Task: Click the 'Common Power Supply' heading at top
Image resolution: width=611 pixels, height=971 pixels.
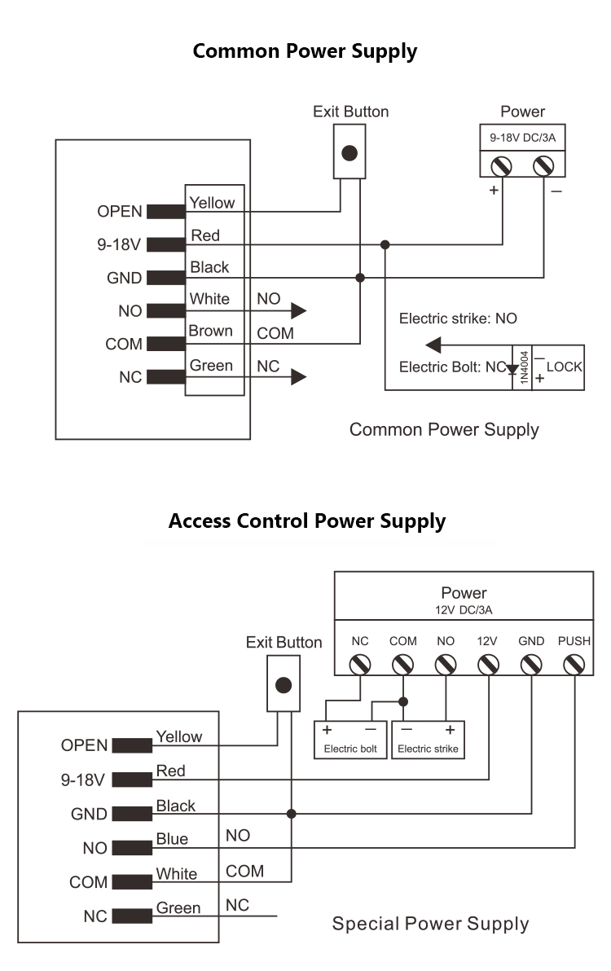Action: (x=305, y=51)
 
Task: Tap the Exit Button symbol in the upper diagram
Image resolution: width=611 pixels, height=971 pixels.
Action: (x=350, y=152)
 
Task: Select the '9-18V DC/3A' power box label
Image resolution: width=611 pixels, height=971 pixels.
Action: (x=522, y=138)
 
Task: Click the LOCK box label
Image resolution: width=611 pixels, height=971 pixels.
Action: (x=564, y=367)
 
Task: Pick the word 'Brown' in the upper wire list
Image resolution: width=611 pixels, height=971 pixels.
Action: (x=211, y=331)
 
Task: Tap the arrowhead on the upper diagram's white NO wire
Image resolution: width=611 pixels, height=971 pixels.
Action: (x=298, y=310)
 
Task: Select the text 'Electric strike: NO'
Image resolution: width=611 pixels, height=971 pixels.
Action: (x=457, y=319)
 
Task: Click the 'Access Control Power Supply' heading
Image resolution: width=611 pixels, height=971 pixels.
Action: (x=306, y=521)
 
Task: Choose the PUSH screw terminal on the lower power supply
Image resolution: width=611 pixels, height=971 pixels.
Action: (x=574, y=665)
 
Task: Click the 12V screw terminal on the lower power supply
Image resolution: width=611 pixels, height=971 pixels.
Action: (x=487, y=665)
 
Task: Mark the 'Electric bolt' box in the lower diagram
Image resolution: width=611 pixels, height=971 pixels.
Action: (x=350, y=740)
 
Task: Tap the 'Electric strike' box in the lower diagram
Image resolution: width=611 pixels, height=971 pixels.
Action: (x=428, y=740)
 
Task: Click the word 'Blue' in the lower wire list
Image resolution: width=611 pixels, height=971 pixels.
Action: (x=172, y=839)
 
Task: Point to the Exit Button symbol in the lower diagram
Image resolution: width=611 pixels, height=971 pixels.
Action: (x=284, y=685)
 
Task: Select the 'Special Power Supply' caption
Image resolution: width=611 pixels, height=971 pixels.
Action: (x=430, y=924)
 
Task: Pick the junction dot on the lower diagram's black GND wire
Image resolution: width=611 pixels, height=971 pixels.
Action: (x=292, y=813)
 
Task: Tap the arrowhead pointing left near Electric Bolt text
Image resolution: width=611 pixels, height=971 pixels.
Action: (x=434, y=343)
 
